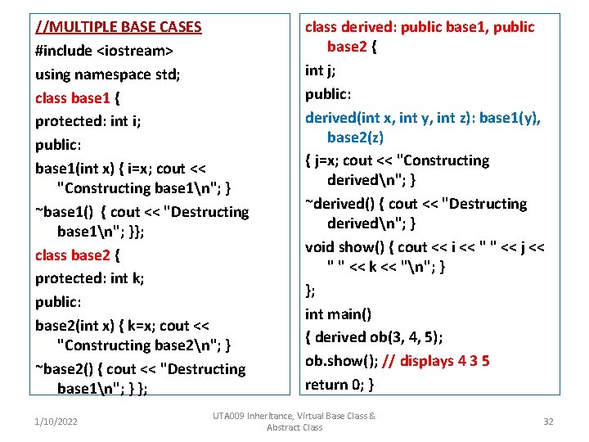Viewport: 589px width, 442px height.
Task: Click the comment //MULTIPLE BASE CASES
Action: pyautogui.click(x=119, y=27)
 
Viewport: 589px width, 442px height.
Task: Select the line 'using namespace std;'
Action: pyautogui.click(x=108, y=74)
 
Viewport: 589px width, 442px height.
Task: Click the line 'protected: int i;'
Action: pyautogui.click(x=88, y=122)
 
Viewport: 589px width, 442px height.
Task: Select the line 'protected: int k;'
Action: pyautogui.click(x=90, y=278)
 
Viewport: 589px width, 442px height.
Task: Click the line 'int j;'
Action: pyautogui.click(x=320, y=70)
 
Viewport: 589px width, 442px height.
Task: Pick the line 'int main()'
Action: pyautogui.click(x=338, y=313)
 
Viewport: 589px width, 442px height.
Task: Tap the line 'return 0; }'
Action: pyautogui.click(x=339, y=384)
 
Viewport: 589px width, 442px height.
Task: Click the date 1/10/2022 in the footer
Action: pyautogui.click(x=56, y=422)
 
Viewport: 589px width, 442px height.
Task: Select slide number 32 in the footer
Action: pyautogui.click(x=549, y=422)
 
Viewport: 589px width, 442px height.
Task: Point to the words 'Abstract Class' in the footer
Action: pyautogui.click(x=294, y=427)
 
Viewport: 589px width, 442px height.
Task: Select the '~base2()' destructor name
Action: pyautogui.click(x=65, y=369)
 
